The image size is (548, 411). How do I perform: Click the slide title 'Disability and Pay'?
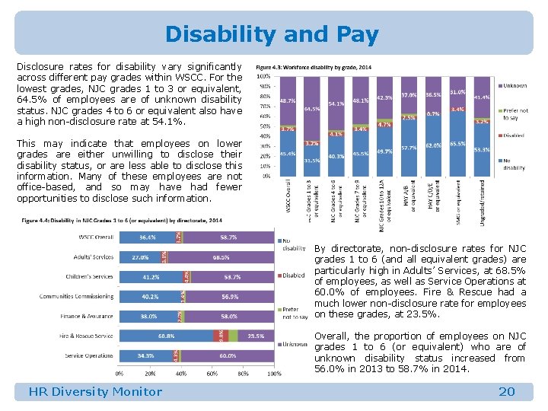[272, 34]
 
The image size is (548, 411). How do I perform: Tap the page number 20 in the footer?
[506, 392]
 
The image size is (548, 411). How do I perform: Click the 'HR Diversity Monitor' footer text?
[95, 392]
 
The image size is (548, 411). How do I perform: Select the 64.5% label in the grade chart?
[311, 109]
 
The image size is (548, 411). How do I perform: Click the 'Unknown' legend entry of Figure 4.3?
[515, 85]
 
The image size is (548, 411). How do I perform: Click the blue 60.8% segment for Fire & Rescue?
[167, 336]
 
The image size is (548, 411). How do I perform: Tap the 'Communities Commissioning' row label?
[76, 296]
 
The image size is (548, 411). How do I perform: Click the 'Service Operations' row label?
[88, 355]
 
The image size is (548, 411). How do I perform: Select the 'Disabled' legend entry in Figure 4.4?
[294, 276]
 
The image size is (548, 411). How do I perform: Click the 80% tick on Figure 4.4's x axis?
[244, 374]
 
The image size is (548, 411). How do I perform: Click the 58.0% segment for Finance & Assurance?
[228, 316]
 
